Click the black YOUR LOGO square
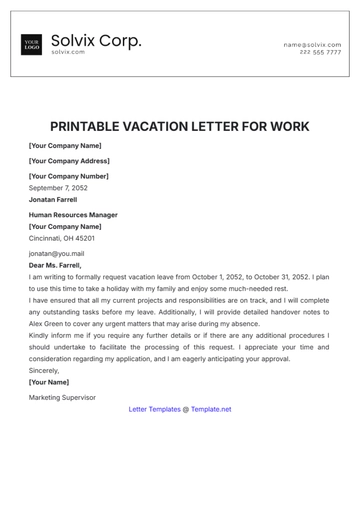point(31,45)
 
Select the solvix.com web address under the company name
point(67,52)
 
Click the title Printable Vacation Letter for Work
point(180,127)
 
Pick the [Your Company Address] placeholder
point(69,160)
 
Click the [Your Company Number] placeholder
point(68,176)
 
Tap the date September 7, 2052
point(58,188)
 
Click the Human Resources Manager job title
point(73,215)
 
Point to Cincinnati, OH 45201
point(62,239)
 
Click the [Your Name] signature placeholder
point(49,382)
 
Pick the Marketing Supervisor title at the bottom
point(62,397)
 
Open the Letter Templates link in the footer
point(155,409)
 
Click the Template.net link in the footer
point(211,409)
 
